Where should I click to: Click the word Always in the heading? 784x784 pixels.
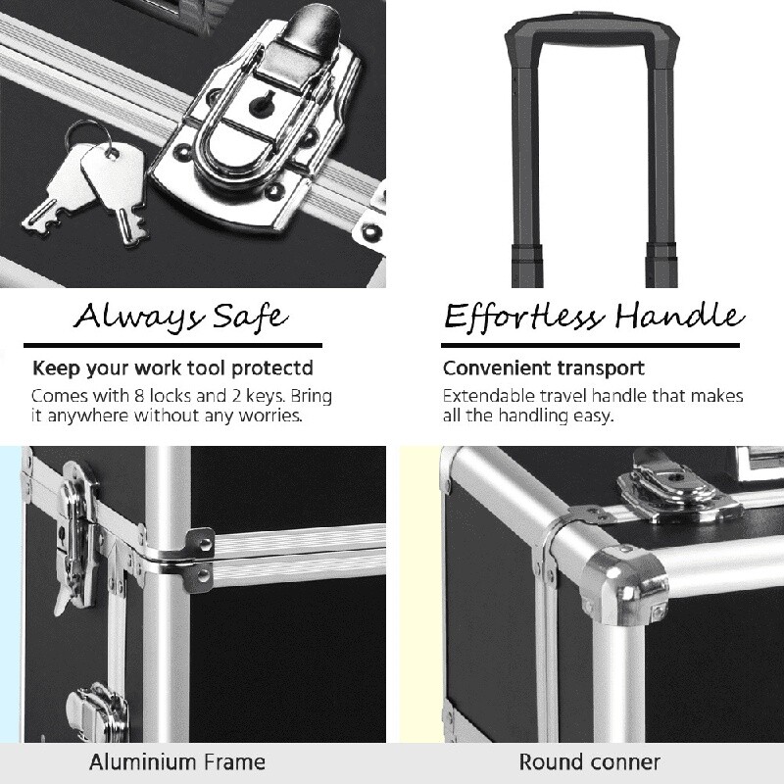(x=138, y=317)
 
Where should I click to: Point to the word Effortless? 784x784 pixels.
(x=524, y=317)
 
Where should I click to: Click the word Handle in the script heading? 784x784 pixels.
(x=680, y=316)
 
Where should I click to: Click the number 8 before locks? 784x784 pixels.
(x=139, y=396)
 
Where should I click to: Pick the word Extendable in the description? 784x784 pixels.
(x=489, y=396)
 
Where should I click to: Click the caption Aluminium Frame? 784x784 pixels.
(x=177, y=762)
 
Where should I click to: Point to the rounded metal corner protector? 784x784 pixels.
(x=625, y=585)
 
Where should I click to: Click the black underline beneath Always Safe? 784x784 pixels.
(x=173, y=345)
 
